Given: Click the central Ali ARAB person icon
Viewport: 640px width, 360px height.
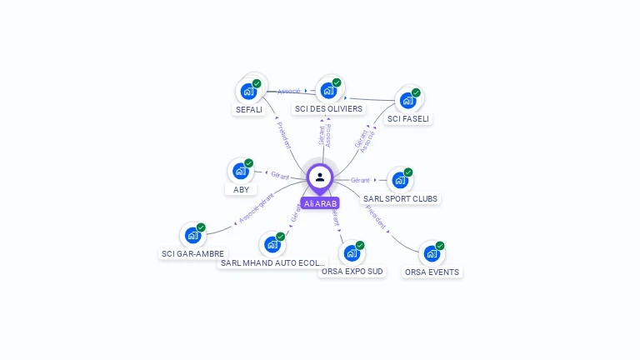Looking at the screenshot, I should click(320, 177).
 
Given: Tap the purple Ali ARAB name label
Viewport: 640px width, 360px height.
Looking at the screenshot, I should click(320, 203).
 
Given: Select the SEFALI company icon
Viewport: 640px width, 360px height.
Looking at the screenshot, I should click(247, 91).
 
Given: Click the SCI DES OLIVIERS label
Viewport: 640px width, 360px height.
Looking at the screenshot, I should click(328, 109).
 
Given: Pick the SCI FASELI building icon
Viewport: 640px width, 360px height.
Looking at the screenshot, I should click(407, 101).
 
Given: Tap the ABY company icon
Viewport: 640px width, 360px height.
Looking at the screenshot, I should click(240, 172).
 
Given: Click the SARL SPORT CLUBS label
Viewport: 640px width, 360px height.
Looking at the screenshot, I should click(400, 198).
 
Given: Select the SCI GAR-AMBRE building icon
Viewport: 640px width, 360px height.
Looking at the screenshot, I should click(192, 235).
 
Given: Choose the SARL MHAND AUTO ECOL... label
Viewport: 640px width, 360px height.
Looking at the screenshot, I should click(272, 263).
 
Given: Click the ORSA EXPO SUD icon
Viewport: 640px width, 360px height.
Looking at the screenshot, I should click(352, 252).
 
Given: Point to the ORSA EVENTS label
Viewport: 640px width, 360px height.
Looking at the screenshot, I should click(432, 272).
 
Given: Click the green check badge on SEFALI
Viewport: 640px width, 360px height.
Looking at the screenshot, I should click(257, 83).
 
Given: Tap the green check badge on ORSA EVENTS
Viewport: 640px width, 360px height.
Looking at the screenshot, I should click(440, 246).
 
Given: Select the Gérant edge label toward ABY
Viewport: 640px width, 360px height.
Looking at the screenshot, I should click(279, 175).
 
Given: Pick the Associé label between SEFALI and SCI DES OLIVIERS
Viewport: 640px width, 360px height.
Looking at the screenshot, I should click(289, 91).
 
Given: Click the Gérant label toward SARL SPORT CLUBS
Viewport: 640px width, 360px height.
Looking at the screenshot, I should click(360, 180).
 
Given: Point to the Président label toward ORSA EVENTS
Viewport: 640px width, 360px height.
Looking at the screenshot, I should click(376, 217).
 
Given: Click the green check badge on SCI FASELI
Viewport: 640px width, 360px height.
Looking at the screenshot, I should click(416, 92).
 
